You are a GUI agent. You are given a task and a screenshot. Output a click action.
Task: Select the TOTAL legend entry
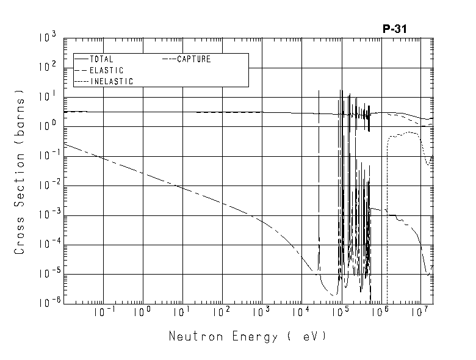[x=101, y=60]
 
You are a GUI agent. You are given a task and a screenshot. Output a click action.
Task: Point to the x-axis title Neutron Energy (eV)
[x=247, y=336]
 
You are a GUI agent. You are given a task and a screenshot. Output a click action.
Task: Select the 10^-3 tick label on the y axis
[x=48, y=215]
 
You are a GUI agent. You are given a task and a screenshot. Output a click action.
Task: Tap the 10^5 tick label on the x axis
[x=339, y=314]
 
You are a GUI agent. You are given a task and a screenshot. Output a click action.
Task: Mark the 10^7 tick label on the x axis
[x=419, y=314]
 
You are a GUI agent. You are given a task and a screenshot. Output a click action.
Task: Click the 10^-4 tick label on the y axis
[x=48, y=244]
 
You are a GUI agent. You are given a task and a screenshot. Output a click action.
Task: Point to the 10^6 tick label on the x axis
[x=379, y=314]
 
